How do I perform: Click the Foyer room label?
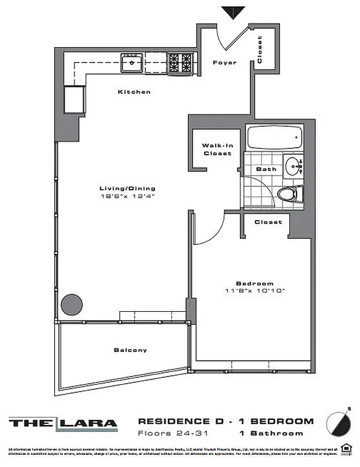[x=224, y=62]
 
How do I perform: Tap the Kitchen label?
[x=134, y=92]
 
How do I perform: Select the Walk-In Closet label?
[x=217, y=149]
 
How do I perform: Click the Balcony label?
[x=130, y=350]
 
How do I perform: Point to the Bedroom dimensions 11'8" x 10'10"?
[x=255, y=290]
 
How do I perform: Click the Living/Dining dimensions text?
[x=127, y=197]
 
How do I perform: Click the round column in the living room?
[x=72, y=305]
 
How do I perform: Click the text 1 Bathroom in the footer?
[x=271, y=433]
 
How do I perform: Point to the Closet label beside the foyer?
[x=259, y=50]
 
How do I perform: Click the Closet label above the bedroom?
[x=268, y=222]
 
